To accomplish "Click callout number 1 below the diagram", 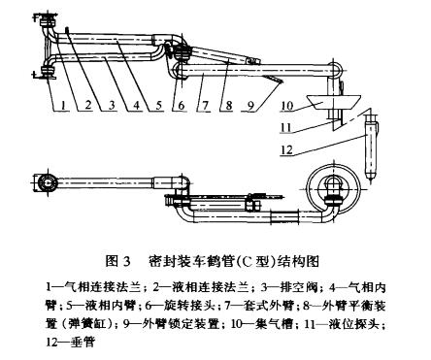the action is pyautogui.click(x=64, y=105).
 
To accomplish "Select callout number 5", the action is pyautogui.click(x=159, y=105).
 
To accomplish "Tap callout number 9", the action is pyautogui.click(x=250, y=105).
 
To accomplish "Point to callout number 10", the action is pyautogui.click(x=287, y=106).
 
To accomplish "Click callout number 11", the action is pyautogui.click(x=286, y=127).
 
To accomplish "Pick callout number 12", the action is pyautogui.click(x=286, y=149).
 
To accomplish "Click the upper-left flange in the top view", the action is pyautogui.click(x=48, y=21).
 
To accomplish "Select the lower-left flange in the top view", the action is pyautogui.click(x=48, y=72).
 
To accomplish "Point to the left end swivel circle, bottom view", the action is pyautogui.click(x=48, y=182).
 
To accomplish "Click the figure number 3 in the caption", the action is pyautogui.click(x=126, y=261).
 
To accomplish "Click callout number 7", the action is pyautogui.click(x=205, y=105).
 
